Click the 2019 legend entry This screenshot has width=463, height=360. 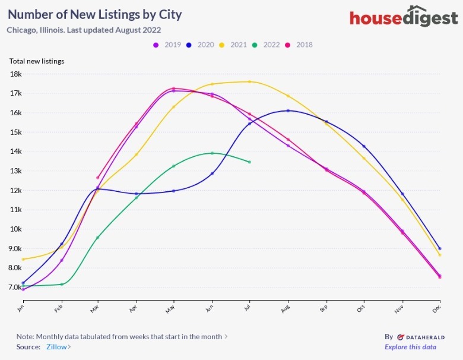(168, 45)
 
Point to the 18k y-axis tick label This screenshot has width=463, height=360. (15, 74)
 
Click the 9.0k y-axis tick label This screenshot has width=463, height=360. (14, 248)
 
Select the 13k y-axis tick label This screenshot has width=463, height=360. (15, 171)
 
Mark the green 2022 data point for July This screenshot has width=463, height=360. (250, 162)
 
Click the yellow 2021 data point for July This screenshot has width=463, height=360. (250, 81)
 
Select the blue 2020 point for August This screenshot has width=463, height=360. (288, 110)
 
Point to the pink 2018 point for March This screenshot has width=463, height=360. (98, 178)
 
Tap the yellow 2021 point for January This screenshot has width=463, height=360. (23, 259)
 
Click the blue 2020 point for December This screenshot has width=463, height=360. (439, 248)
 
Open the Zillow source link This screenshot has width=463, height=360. (58, 346)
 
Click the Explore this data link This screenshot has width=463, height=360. (410, 347)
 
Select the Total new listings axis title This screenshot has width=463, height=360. (37, 61)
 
